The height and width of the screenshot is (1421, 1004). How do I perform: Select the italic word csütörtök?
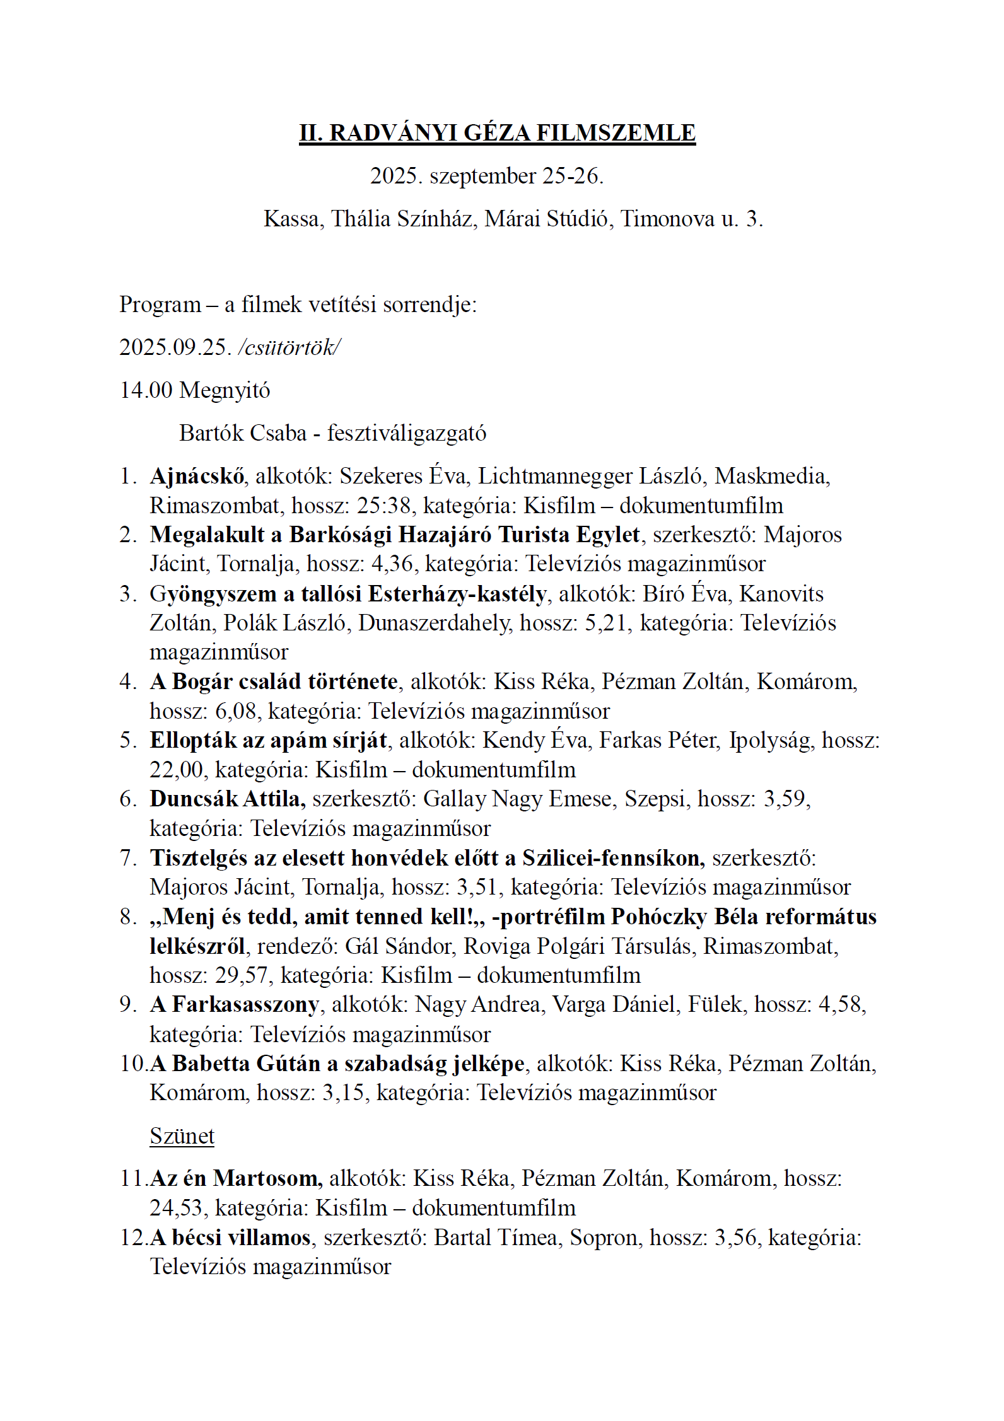(x=289, y=347)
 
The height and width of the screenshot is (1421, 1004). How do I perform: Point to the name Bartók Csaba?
(x=242, y=433)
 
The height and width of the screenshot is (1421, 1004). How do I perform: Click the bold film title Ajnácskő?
(x=197, y=476)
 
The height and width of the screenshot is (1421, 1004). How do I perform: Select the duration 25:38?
(x=385, y=505)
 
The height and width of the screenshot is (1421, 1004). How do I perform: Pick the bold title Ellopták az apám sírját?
(x=268, y=740)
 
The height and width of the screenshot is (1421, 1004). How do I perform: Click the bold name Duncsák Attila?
(x=227, y=799)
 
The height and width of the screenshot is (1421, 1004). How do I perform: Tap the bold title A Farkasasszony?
(x=234, y=1004)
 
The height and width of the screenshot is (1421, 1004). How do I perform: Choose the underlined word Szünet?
(x=182, y=1136)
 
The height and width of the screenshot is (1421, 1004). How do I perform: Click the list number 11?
(x=133, y=1178)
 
